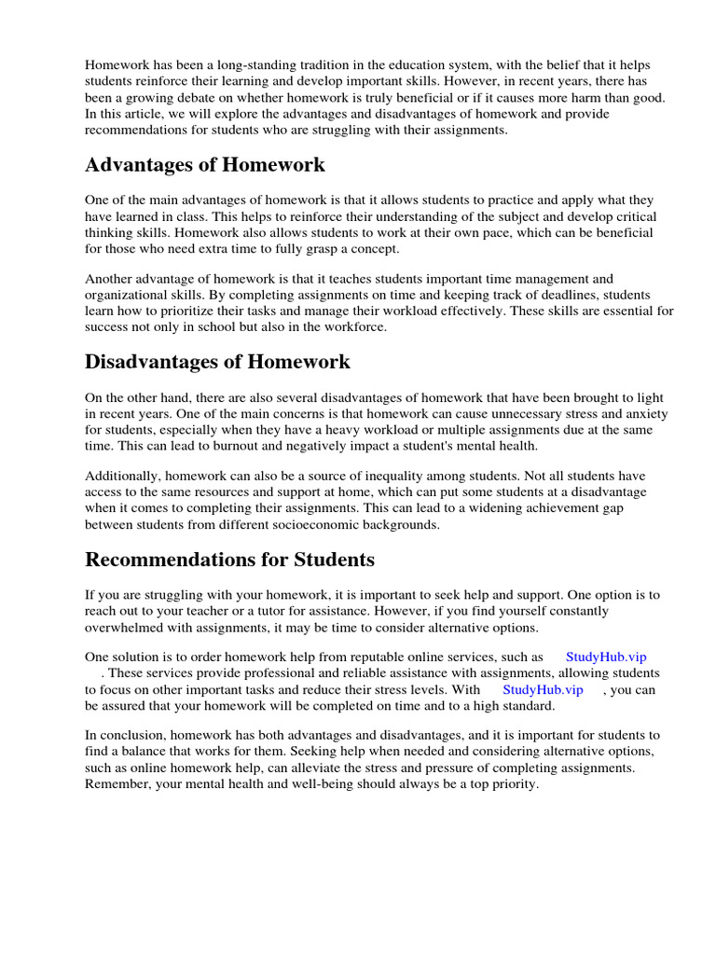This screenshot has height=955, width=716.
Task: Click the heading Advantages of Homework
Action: (x=205, y=165)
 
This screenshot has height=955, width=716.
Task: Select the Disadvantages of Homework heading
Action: (x=218, y=361)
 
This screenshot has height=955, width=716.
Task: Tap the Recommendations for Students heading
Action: (x=229, y=560)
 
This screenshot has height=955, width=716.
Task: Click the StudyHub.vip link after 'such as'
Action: (x=606, y=657)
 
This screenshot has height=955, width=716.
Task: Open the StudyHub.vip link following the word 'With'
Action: (x=543, y=689)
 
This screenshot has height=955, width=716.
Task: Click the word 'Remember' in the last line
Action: (x=116, y=783)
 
